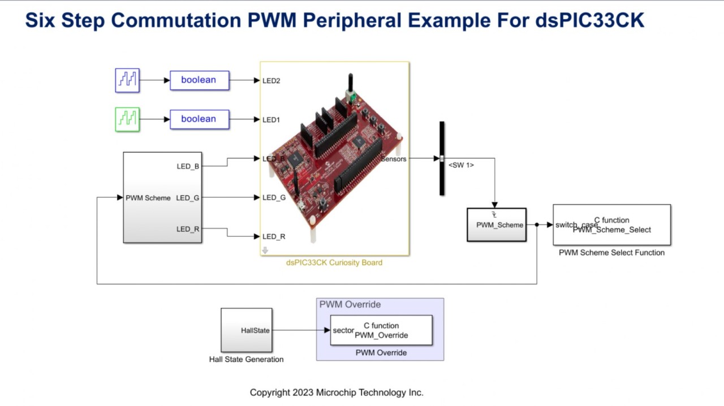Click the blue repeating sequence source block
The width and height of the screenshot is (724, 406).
[127, 80]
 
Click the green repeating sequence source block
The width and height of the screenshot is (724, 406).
[127, 119]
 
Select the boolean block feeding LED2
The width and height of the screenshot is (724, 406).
[200, 80]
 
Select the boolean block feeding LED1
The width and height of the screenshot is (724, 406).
[200, 119]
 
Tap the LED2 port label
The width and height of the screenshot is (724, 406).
[271, 81]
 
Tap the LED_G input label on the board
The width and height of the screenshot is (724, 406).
[274, 197]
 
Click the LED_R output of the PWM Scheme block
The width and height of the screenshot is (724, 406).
[188, 229]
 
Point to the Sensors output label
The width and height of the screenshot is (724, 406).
[394, 159]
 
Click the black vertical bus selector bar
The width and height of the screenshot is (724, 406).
[442, 158]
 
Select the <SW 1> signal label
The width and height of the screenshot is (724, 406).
[461, 165]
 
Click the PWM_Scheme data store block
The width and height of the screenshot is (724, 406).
[496, 224]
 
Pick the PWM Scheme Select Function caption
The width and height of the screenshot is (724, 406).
[611, 253]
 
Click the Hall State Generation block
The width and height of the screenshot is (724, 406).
[246, 330]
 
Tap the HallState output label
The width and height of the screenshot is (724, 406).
[255, 330]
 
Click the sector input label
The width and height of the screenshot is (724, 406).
[343, 330]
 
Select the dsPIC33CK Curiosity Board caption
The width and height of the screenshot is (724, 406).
[334, 262]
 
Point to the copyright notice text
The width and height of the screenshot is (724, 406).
[337, 392]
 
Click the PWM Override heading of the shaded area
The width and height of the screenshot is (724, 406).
[350, 304]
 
